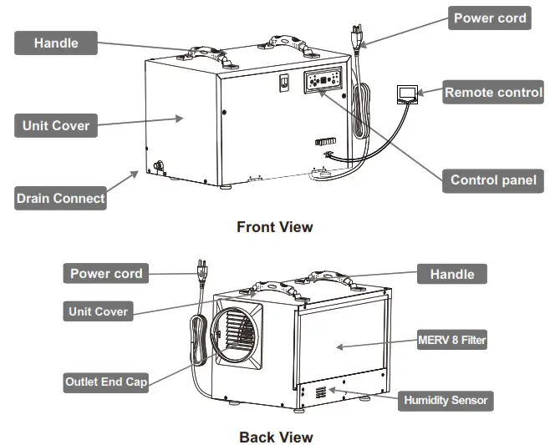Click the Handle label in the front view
click(55, 42)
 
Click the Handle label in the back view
click(451, 274)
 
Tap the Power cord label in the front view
click(490, 18)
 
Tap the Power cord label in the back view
click(106, 273)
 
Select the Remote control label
click(493, 93)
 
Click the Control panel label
click(492, 180)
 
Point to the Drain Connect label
click(61, 199)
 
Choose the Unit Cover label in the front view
click(56, 127)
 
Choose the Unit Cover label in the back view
click(99, 311)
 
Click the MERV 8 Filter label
click(451, 340)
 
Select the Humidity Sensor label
click(446, 400)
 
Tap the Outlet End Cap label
click(107, 382)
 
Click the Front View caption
click(274, 226)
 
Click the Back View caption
click(275, 437)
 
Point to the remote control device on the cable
click(406, 93)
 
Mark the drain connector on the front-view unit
click(157, 164)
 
